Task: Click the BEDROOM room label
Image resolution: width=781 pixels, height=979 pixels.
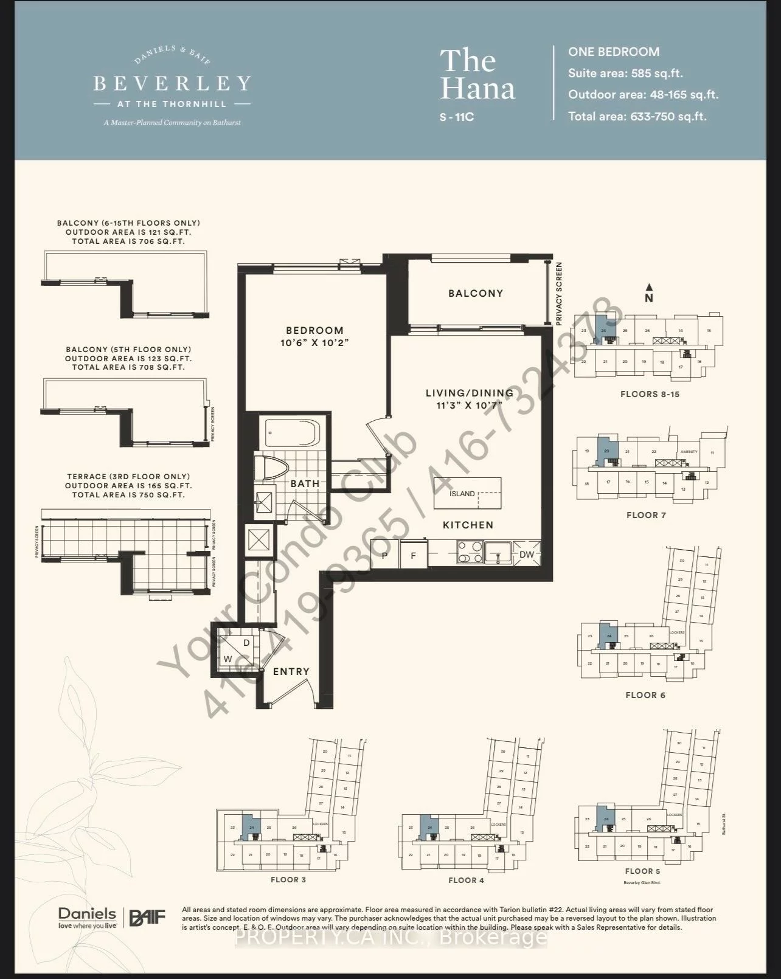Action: (x=314, y=331)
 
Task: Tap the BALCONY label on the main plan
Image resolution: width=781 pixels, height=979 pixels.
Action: (x=476, y=293)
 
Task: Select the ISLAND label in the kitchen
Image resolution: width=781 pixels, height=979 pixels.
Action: (x=462, y=494)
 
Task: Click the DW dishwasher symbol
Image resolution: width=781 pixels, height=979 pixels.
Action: (x=526, y=555)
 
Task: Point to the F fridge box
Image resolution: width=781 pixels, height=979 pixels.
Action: (x=414, y=555)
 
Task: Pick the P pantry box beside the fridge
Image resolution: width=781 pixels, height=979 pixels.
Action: (x=385, y=555)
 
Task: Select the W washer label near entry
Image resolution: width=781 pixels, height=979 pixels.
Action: (x=227, y=659)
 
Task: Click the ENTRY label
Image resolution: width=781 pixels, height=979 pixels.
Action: (x=291, y=671)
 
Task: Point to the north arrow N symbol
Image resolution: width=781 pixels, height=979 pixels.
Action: (x=649, y=294)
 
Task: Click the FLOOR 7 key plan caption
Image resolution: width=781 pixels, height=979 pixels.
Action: (x=646, y=515)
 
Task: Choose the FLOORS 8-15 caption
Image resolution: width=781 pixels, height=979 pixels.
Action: (x=650, y=394)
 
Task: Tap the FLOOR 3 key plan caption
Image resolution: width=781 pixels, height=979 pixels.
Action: (x=288, y=880)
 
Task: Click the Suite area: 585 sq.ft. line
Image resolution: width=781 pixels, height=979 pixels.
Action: (x=625, y=74)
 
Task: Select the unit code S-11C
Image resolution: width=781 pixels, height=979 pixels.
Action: (x=456, y=117)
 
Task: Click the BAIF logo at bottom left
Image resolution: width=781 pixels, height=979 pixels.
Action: (x=147, y=917)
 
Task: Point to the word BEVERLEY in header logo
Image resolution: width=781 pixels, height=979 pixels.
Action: (x=172, y=83)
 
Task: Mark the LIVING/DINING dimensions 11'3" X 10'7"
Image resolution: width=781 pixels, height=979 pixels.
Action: (x=469, y=404)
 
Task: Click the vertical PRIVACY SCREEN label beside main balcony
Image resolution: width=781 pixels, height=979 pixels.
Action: (x=559, y=294)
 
